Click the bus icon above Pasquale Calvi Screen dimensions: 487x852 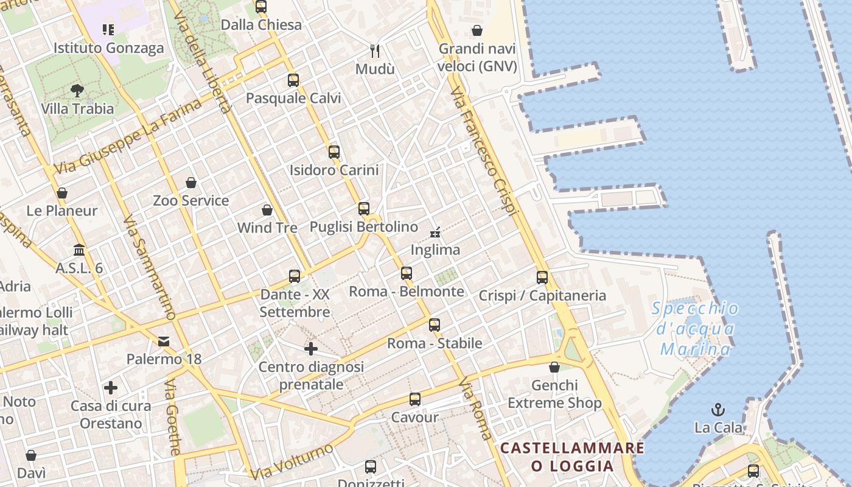click(x=293, y=80)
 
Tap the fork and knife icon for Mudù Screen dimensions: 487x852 click(x=375, y=51)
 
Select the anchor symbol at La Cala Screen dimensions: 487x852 click(x=719, y=409)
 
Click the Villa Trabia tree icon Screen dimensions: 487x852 click(x=77, y=91)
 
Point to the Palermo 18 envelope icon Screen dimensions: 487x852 click(x=164, y=341)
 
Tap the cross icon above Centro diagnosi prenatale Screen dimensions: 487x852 click(x=311, y=349)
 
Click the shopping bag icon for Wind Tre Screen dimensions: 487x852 click(x=267, y=210)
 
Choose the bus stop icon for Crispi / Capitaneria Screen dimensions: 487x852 click(x=542, y=278)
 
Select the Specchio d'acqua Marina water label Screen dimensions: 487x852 click(x=696, y=329)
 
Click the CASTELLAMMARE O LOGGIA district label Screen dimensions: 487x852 click(x=572, y=457)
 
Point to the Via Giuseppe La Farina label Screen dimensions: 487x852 click(x=127, y=136)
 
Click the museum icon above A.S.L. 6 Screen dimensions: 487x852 click(x=79, y=250)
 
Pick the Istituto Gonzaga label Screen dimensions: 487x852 click(x=109, y=48)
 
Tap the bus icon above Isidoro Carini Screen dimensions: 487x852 click(x=333, y=152)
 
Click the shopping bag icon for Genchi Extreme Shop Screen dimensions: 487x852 click(x=554, y=367)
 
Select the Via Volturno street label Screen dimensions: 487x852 click(x=292, y=461)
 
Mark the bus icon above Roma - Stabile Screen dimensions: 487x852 click(x=434, y=325)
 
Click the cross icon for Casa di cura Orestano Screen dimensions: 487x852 click(x=111, y=388)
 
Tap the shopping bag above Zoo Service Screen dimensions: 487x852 click(x=191, y=183)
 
